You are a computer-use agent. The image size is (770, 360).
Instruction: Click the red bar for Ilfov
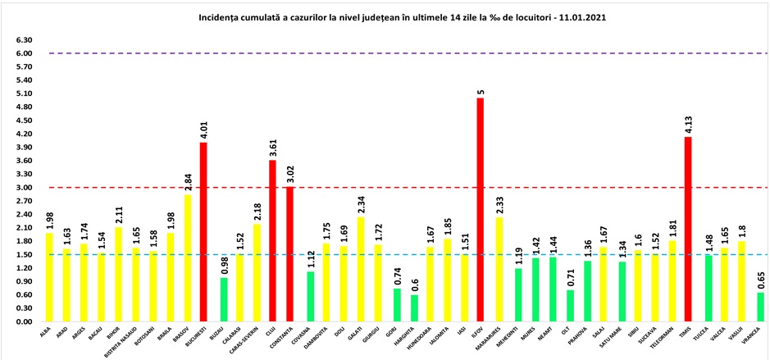tap(480, 210)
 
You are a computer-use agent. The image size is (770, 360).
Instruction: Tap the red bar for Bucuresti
tap(203, 232)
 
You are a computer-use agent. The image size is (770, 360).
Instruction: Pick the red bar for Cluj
tap(272, 241)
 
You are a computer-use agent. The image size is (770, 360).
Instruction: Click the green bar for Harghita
tap(415, 308)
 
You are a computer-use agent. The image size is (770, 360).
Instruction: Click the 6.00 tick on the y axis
tap(23, 53)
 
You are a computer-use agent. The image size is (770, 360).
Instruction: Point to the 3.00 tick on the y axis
tap(23, 188)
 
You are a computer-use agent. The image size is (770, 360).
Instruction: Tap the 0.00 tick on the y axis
tap(23, 322)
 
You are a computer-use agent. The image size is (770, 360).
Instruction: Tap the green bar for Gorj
tap(397, 305)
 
